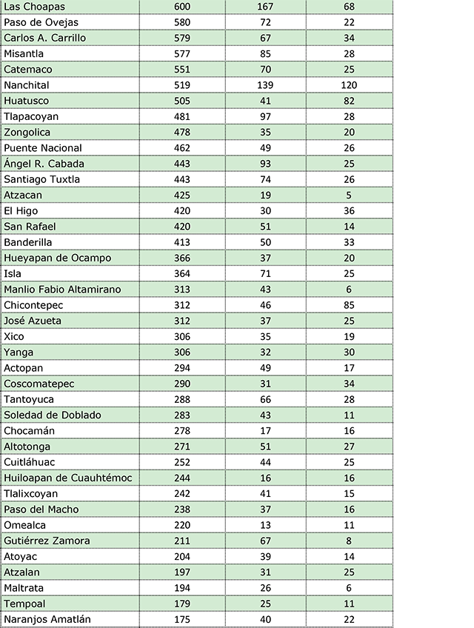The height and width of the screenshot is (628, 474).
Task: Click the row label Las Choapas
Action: point(34,7)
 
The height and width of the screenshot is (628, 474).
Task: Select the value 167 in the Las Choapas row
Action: point(265,7)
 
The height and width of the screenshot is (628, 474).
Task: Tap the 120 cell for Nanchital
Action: point(349,85)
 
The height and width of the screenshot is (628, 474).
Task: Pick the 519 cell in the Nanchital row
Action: point(181,85)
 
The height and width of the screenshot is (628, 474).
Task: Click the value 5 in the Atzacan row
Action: point(349,195)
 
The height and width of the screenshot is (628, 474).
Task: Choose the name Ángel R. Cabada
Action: point(44,164)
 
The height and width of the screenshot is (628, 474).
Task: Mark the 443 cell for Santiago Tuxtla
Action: point(181,179)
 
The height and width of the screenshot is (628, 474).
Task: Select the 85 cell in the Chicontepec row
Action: point(349,305)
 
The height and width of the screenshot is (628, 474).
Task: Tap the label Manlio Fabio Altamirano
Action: point(62,289)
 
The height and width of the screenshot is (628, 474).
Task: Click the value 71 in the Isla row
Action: point(265,273)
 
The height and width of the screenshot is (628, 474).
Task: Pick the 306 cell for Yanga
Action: point(181,352)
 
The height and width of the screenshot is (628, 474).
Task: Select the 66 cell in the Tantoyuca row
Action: point(265,399)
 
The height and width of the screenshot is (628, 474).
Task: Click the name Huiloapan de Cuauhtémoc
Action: point(68,478)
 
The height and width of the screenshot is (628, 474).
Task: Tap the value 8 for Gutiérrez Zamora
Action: point(349,541)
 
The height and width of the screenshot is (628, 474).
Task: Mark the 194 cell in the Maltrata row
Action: point(181,588)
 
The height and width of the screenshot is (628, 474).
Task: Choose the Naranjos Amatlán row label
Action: point(47,619)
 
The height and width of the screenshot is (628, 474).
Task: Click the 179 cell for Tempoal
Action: point(181,604)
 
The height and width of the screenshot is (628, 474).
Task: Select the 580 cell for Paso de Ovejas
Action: point(181,22)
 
